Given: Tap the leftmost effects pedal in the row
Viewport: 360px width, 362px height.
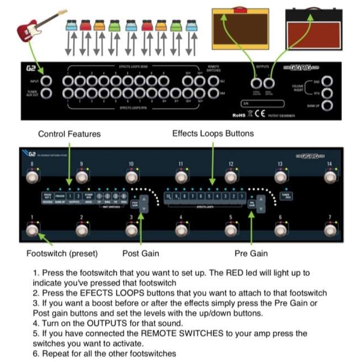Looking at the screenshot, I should click(70, 25).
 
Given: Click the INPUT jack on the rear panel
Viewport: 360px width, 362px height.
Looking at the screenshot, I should click(46, 81).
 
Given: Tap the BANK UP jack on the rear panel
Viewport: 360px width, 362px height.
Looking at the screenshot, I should click(327, 106).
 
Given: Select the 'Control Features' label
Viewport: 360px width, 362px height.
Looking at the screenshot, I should click(69, 134).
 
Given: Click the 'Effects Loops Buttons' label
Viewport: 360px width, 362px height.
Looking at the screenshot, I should click(213, 133).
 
